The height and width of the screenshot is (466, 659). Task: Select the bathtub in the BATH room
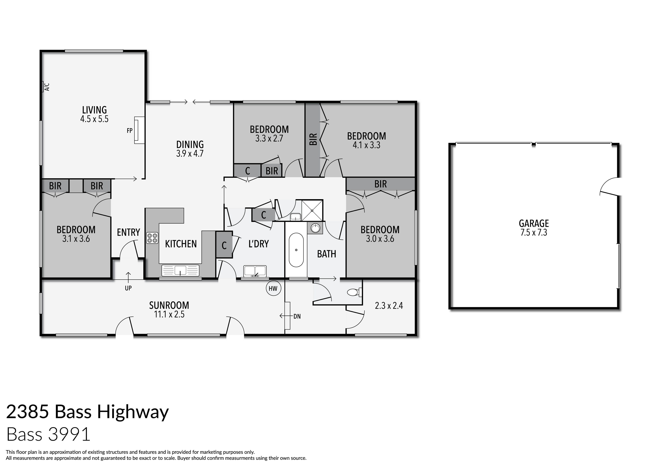(296, 250)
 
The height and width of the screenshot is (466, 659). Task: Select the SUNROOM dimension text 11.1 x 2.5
(169, 314)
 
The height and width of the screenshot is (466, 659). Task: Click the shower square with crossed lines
(312, 210)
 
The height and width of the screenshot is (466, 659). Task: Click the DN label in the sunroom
(297, 316)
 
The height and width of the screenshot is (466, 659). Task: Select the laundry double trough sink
(255, 271)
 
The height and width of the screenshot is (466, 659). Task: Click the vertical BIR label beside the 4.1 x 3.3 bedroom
(313, 139)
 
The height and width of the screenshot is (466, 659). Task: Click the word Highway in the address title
(133, 412)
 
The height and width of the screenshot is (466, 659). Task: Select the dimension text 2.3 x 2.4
(389, 306)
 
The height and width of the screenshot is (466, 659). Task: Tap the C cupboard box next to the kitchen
(224, 245)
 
